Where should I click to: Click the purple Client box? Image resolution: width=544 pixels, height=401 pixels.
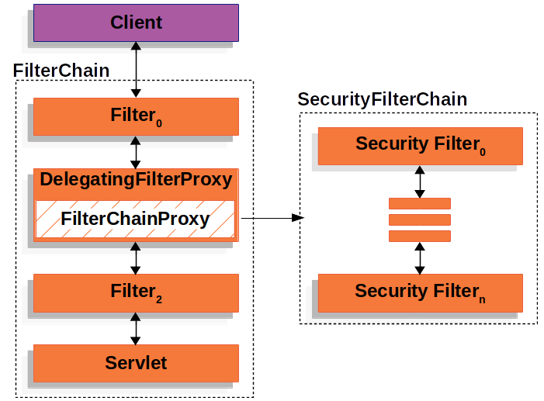(x=136, y=22)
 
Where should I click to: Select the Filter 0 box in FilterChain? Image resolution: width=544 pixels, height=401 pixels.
(x=136, y=117)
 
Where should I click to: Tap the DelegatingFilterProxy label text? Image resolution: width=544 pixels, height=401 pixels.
(x=136, y=180)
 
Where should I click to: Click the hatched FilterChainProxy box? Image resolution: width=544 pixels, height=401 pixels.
(x=135, y=219)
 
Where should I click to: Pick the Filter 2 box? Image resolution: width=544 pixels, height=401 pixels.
(x=136, y=292)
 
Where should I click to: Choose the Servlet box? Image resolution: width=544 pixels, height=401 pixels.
(x=136, y=362)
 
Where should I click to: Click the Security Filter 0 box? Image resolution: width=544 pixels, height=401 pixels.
(x=420, y=144)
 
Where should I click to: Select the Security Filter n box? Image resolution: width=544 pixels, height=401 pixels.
(x=420, y=292)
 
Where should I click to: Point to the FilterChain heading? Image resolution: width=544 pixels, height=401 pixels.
(x=61, y=71)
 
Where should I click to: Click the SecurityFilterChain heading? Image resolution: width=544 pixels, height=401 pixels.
(x=383, y=99)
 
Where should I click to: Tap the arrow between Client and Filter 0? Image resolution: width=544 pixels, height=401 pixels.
(x=136, y=70)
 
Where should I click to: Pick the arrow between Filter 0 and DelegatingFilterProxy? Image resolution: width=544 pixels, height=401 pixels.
(x=136, y=152)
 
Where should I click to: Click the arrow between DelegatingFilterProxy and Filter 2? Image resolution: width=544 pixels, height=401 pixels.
(x=136, y=258)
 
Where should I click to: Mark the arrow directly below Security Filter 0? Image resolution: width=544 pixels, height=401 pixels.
(x=420, y=181)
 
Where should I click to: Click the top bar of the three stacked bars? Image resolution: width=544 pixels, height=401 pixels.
(x=420, y=203)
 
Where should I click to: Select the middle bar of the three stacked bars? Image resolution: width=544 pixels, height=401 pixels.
(x=420, y=220)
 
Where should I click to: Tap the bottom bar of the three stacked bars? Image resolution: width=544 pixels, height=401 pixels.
(x=420, y=236)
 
